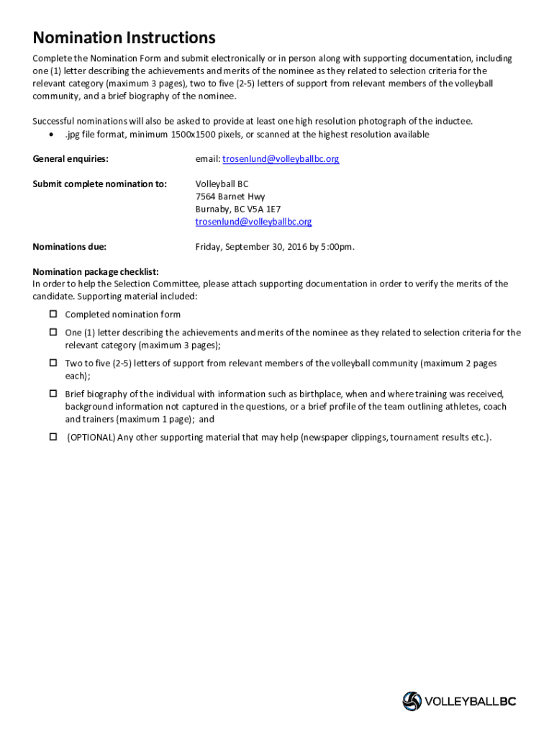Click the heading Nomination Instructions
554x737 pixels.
point(124,37)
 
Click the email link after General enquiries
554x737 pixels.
point(281,159)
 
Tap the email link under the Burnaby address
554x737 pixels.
point(253,222)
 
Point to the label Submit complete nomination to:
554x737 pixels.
point(100,184)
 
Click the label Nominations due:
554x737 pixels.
point(70,247)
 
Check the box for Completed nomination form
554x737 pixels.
point(53,314)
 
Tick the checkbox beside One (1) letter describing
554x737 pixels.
point(53,332)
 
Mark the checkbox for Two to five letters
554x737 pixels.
point(53,363)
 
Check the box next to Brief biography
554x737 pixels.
point(53,394)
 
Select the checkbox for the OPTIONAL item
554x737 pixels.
point(53,437)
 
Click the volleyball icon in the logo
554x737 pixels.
point(412,701)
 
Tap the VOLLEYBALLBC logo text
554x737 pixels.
point(471,701)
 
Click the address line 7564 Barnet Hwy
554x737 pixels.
point(230,196)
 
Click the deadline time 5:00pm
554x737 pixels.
point(337,247)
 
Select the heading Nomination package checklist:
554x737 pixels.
point(96,271)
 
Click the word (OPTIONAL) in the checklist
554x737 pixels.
point(91,438)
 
